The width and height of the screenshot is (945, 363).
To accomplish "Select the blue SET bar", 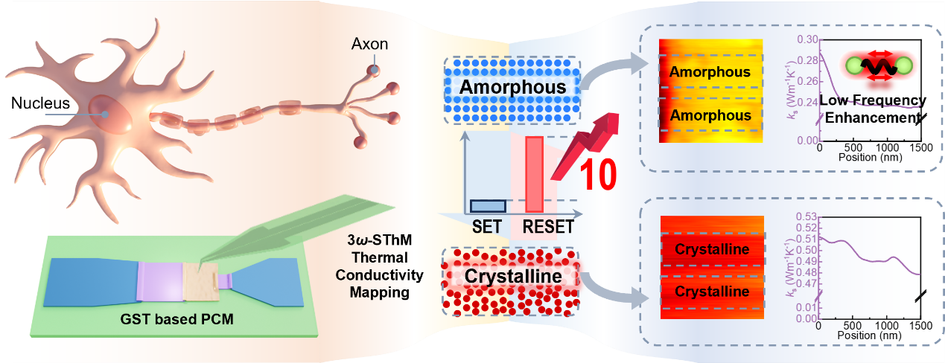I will (488, 205).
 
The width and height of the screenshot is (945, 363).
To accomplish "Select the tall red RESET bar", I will (534, 173).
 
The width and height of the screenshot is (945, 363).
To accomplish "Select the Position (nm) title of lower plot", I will (869, 335).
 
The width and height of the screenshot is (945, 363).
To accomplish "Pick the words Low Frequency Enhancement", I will (872, 109).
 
